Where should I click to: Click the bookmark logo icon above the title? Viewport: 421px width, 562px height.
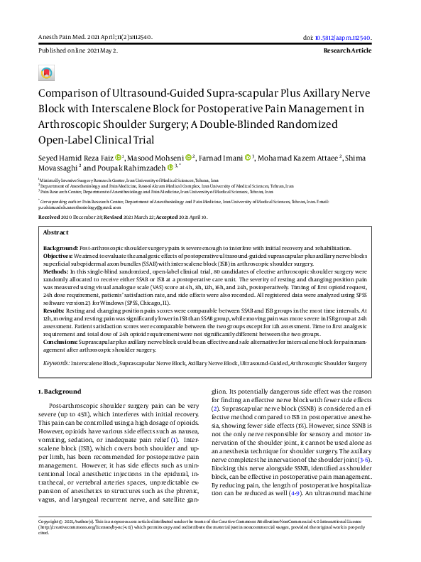point(47,73)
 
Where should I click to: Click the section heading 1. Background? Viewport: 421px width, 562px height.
point(60,391)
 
